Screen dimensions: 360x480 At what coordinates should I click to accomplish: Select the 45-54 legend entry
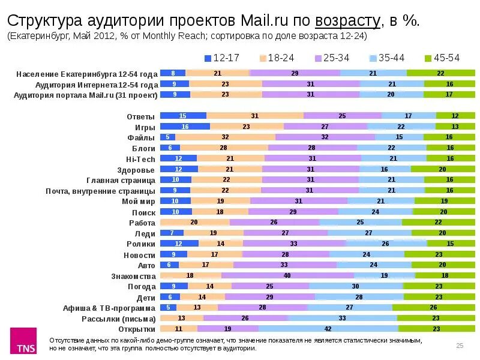tap(442, 58)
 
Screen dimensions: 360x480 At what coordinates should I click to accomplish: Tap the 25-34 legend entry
tap(333, 58)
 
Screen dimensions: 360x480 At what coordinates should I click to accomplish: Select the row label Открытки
tap(137, 329)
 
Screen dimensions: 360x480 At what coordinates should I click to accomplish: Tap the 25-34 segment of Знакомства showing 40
tap(287, 275)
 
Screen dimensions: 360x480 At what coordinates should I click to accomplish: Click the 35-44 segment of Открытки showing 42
tap(328, 329)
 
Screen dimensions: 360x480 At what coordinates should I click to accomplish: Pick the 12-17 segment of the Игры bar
tap(185, 127)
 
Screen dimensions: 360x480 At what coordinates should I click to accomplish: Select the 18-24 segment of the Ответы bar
tap(254, 116)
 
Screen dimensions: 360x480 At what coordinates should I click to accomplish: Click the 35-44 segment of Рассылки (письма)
tap(342, 318)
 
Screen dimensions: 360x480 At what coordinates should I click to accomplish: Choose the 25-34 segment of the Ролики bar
tap(294, 244)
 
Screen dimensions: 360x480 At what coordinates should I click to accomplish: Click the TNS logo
tap(25, 343)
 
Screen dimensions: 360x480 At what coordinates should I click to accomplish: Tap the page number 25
tap(460, 345)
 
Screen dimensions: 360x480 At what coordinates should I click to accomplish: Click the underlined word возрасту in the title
tap(348, 21)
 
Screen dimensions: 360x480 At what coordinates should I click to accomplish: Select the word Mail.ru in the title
tap(265, 21)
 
